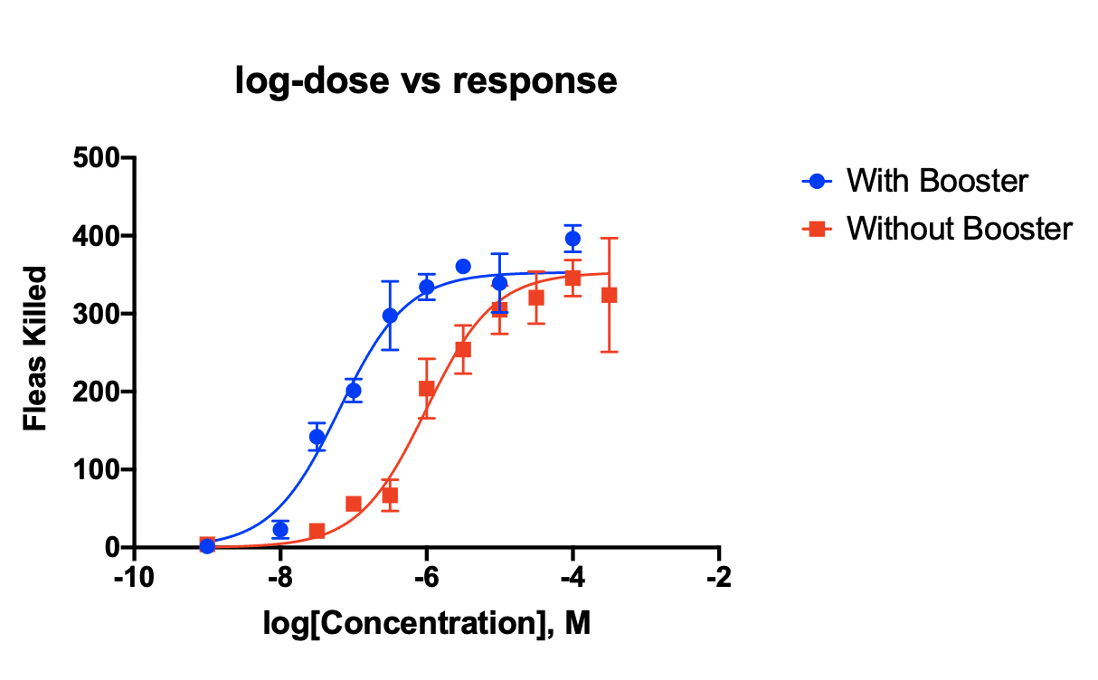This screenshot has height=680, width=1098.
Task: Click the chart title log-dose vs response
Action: coord(426,81)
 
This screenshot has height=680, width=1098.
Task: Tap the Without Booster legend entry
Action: coord(958,229)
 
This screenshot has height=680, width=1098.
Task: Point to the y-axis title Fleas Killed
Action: coord(35,348)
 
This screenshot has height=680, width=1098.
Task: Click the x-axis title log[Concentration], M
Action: coord(427,623)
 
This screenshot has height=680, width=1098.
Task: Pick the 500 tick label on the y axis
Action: coord(97,158)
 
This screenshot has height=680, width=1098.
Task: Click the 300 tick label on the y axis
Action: coord(97,314)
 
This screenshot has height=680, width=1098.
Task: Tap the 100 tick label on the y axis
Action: coord(97,469)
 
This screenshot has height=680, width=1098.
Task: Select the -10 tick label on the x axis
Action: coord(135,578)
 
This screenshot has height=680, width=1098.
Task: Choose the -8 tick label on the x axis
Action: coord(280,578)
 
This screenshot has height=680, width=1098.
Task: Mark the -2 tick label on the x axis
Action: coord(719,578)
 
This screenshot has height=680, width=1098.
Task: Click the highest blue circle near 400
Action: coord(573,239)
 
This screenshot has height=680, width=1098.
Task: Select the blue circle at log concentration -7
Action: coord(354,391)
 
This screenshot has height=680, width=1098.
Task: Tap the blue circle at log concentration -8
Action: coord(280,530)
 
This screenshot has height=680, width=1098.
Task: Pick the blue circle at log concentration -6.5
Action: coord(390,316)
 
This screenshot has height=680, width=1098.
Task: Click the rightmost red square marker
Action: coord(609,295)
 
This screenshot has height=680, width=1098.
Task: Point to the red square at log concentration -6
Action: coord(427,389)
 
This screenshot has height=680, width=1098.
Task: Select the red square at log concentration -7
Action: coord(354,504)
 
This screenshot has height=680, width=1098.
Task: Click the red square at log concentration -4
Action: coord(573,278)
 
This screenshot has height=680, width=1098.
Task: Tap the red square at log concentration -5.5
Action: coord(463,349)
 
